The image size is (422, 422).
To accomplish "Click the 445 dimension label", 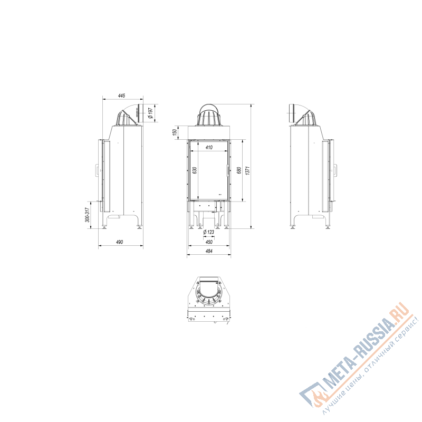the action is coord(122,95).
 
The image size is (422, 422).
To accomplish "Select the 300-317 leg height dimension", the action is coord(87,215).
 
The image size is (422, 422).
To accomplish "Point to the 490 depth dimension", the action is coord(120,242).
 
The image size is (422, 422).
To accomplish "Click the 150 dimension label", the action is coord(175,132).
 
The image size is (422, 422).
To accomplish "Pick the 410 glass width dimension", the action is coord(209,147).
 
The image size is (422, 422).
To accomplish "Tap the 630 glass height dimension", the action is coord(195,170).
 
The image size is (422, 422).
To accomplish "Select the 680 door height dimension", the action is coord(239,170).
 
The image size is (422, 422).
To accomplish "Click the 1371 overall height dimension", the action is coord(247,170).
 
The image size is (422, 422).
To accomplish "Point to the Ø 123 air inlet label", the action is coord(208,232).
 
